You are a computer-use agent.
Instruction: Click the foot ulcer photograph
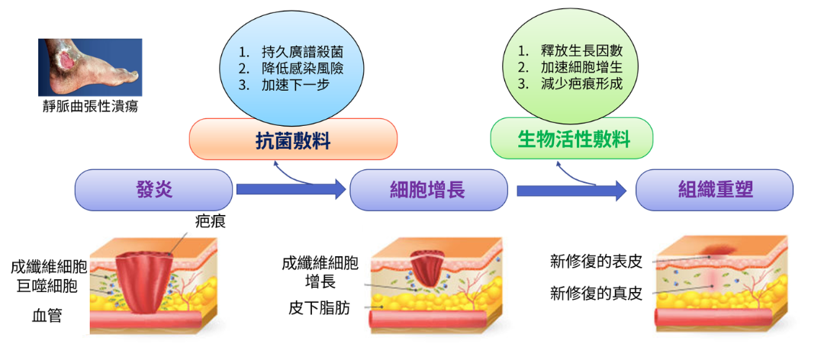[90, 67]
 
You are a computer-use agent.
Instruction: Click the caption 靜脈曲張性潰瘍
[90, 108]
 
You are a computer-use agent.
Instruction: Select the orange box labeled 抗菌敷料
[293, 140]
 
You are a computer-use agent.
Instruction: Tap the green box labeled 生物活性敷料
[571, 138]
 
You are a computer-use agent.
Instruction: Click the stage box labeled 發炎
[154, 190]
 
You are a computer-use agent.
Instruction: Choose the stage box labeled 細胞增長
[428, 190]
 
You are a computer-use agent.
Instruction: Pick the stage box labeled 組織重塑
[715, 190]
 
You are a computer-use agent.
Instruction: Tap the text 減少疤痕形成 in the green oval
[581, 84]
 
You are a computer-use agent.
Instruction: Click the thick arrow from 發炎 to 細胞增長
[291, 189]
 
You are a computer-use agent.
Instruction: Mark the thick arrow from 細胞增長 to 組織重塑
[571, 190]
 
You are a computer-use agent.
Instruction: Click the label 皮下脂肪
[319, 307]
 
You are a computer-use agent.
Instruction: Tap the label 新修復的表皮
[596, 261]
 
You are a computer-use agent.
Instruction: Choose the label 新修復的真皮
[596, 293]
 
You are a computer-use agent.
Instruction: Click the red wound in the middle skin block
[428, 268]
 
